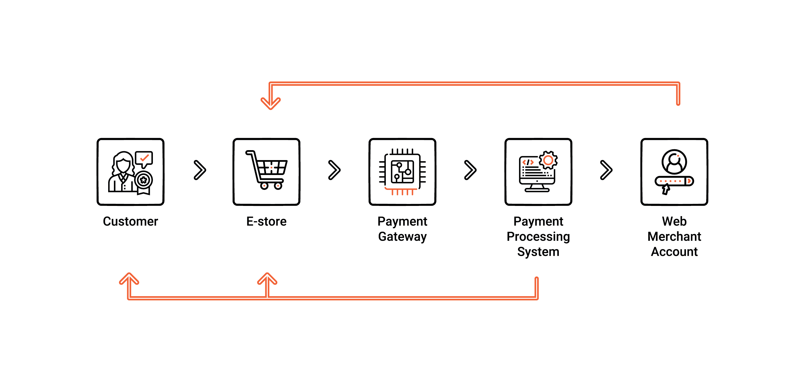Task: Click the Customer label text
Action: [130, 221]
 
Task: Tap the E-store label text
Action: [266, 221]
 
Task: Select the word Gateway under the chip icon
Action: [402, 237]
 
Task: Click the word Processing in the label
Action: [538, 237]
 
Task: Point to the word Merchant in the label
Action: [674, 237]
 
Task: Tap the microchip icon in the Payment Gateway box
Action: [402, 172]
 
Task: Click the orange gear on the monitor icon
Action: [548, 160]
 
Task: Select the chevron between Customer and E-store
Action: [200, 170]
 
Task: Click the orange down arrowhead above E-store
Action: [271, 103]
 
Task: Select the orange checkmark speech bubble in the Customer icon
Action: [144, 158]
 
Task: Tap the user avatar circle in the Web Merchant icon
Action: [674, 162]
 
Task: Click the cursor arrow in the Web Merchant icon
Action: [666, 189]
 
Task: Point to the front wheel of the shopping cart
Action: [278, 186]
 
